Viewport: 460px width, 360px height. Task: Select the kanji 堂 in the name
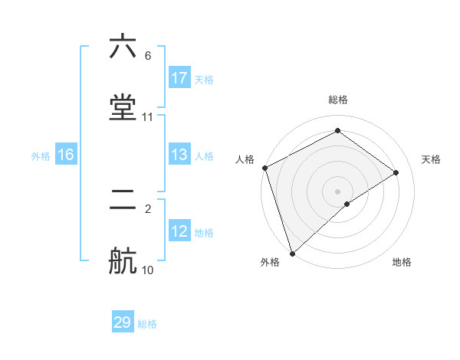[123, 108]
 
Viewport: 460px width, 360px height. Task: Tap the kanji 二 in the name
[123, 200]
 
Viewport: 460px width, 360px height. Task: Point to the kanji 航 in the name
[123, 261]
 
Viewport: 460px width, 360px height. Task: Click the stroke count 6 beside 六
[147, 56]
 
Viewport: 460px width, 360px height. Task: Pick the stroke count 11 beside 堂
[148, 117]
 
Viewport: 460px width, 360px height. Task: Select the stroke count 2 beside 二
[147, 208]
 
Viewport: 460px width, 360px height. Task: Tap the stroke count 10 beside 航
[148, 270]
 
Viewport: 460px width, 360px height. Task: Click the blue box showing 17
[179, 77]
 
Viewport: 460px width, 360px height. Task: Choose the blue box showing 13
[179, 155]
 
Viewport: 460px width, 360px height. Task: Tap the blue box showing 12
[179, 231]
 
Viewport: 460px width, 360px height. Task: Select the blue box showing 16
[66, 155]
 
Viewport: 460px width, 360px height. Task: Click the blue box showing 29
[123, 322]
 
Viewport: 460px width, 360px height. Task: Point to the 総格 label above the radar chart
[338, 100]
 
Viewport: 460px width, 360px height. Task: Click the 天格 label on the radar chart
[431, 159]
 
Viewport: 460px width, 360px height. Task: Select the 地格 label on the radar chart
[402, 262]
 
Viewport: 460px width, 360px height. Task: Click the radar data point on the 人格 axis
[264, 168]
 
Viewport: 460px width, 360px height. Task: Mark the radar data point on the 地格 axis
[347, 204]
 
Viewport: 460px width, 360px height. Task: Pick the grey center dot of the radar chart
[338, 191]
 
